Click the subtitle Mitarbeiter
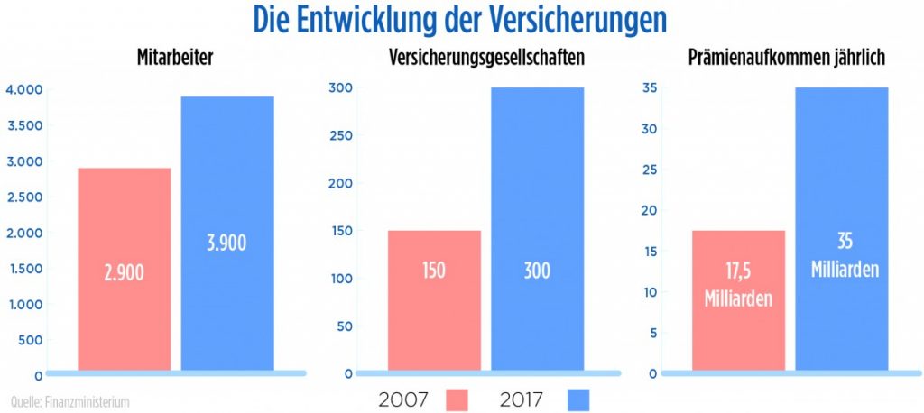coord(176,59)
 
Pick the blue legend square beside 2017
coord(579,398)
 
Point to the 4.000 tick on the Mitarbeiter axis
coord(24,89)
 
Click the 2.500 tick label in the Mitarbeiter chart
coord(24,197)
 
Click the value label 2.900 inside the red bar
coord(124,272)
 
